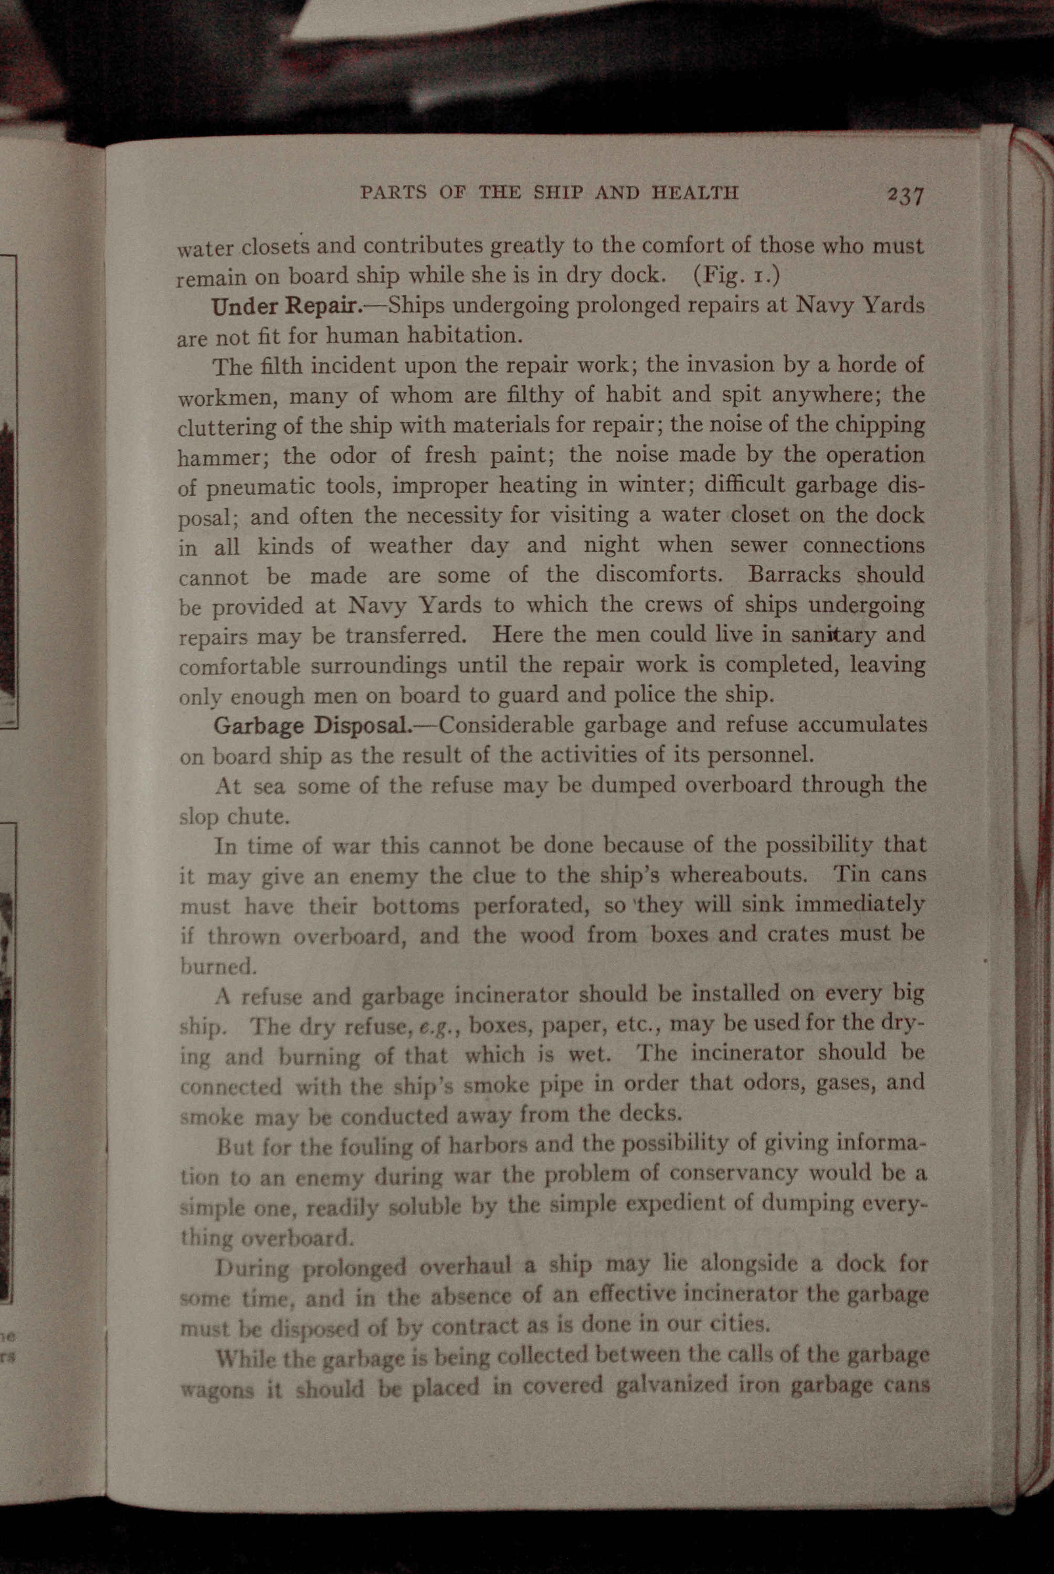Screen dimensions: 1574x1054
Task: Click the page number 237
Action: pyautogui.click(x=905, y=195)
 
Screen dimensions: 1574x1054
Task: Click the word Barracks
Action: pyautogui.click(x=794, y=575)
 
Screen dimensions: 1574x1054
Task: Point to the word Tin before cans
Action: pyautogui.click(x=852, y=874)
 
